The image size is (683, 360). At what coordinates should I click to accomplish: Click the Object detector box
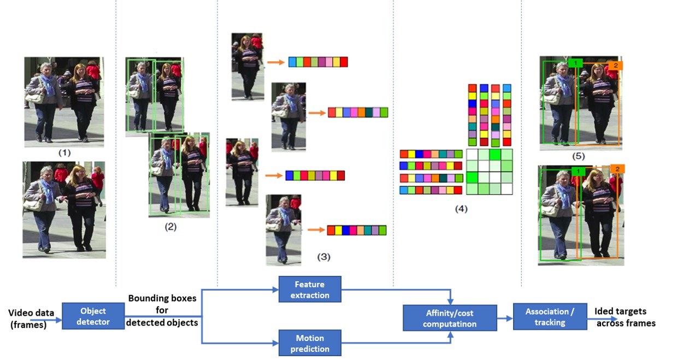(93, 316)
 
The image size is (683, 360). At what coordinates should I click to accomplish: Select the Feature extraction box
(310, 290)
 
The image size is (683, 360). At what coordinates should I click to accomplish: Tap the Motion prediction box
(310, 343)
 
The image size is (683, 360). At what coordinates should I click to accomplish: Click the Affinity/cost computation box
(450, 318)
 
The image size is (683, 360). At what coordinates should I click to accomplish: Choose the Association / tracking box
(550, 317)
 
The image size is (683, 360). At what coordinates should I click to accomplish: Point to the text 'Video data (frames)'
(31, 318)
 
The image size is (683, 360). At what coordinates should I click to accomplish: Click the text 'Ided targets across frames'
(625, 317)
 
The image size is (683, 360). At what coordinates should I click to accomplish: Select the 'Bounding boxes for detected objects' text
(162, 310)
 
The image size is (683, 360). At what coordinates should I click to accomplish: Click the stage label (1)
(64, 154)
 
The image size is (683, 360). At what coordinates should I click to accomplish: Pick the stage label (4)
(461, 208)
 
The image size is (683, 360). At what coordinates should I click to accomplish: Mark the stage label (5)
(579, 156)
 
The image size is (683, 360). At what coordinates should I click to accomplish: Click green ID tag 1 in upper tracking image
(574, 63)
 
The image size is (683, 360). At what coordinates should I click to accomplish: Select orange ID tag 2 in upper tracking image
(615, 66)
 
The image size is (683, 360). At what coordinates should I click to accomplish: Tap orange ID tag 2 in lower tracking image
(617, 169)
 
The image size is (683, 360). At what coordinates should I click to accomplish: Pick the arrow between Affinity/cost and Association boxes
(505, 318)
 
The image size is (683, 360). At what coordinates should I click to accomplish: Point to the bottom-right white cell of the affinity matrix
(507, 189)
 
